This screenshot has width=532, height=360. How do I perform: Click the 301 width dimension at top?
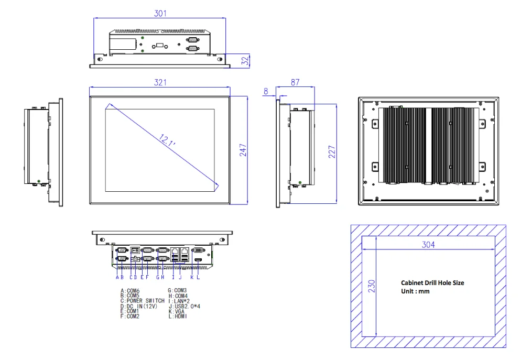click(x=160, y=14)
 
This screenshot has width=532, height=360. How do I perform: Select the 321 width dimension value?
click(x=160, y=82)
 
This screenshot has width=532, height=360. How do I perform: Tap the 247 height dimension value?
click(x=243, y=150)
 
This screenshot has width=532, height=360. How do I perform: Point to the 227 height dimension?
click(x=332, y=152)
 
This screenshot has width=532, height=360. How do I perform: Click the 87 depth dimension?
click(x=295, y=82)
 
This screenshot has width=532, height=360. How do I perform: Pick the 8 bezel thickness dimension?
click(x=266, y=91)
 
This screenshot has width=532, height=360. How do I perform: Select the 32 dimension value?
click(x=244, y=61)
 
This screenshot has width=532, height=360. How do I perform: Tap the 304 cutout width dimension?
click(x=429, y=245)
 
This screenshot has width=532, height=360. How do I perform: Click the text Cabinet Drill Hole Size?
click(x=432, y=282)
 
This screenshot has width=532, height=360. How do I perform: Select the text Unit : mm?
click(x=415, y=291)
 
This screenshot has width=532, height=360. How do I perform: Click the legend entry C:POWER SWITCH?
click(x=142, y=301)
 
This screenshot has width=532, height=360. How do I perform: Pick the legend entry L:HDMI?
click(x=178, y=317)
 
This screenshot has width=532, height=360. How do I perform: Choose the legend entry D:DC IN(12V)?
click(x=137, y=306)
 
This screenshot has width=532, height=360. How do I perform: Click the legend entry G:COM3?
click(x=177, y=290)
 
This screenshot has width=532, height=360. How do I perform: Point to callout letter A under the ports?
click(x=117, y=277)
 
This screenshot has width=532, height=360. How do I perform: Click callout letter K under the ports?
click(x=192, y=277)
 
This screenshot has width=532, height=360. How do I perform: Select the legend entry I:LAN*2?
click(x=179, y=301)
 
